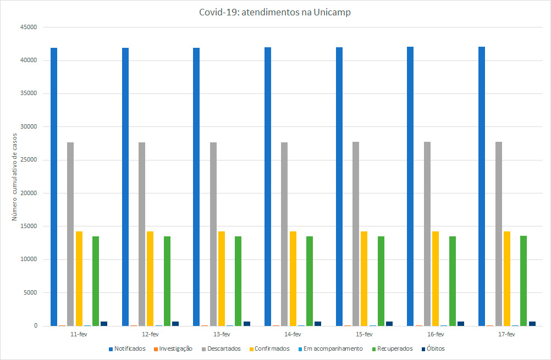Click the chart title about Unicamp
click(275, 13)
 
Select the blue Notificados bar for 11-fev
click(54, 187)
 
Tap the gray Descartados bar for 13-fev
click(213, 234)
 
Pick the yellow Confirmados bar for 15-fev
click(364, 278)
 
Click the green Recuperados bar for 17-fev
click(524, 280)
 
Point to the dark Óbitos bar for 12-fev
click(175, 323)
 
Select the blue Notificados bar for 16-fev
click(410, 186)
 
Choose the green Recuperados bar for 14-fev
click(310, 280)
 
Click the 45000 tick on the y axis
click(28, 27)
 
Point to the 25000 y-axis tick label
click(28, 160)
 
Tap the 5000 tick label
click(30, 292)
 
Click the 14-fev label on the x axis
click(293, 334)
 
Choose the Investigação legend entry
click(175, 348)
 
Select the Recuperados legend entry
click(392, 348)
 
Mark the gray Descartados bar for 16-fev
click(427, 234)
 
